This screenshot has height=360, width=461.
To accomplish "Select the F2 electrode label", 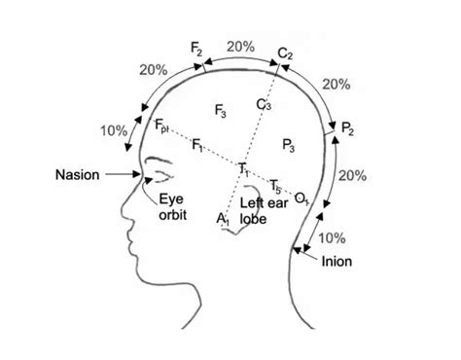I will [198, 49].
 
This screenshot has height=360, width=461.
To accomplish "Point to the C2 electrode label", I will [284, 52].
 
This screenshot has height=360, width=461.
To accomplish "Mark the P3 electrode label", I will [289, 145].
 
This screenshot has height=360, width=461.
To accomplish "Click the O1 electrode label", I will [301, 198].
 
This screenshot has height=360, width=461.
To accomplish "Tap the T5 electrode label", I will [276, 185].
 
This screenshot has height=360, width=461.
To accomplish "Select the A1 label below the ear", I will [223, 220].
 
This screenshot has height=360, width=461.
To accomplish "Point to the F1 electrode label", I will [197, 145].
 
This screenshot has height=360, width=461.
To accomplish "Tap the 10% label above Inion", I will [331, 236].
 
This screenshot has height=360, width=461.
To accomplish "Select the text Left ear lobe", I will [260, 211].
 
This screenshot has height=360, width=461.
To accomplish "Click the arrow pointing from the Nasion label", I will [123, 175].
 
